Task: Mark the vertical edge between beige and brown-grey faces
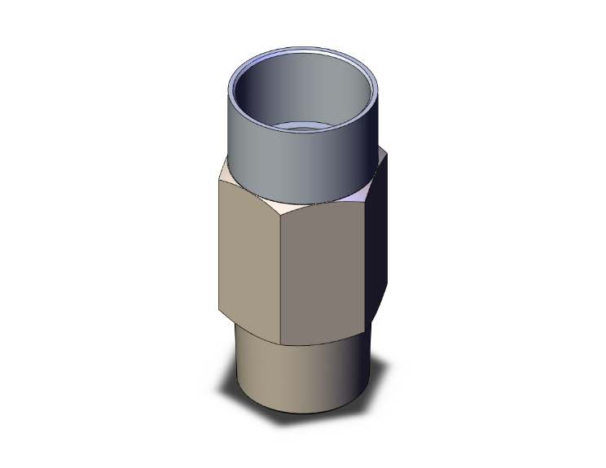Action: pos(280,277)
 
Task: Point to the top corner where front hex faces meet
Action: pos(280,214)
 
